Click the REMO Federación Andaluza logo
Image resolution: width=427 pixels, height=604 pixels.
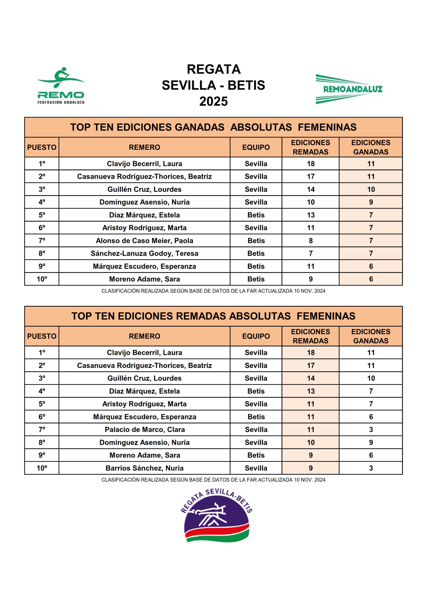coord(61,86)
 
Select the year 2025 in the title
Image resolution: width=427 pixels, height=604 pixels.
coord(213,101)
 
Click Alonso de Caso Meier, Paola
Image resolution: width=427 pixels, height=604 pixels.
coord(144,241)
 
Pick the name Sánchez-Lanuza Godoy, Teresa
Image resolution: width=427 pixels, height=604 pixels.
coord(144,253)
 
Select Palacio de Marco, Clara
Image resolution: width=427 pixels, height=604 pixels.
coord(144,430)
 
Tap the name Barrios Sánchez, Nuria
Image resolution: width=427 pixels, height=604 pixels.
coord(144,468)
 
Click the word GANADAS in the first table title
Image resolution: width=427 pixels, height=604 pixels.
coord(199,127)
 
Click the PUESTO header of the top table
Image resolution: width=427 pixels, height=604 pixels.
coord(42,147)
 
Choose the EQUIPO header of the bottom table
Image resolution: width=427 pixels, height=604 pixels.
coord(256,336)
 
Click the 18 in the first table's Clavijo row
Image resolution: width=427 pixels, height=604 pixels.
coord(311,164)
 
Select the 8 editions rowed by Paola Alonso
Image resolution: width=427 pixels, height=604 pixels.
coord(311,241)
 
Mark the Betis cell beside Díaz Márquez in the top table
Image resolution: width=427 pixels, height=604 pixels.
coord(256,215)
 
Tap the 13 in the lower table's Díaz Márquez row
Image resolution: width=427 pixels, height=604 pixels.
coord(311,391)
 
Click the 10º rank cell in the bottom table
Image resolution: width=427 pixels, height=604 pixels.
coord(42,468)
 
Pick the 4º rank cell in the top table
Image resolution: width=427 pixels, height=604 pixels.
coord(42,202)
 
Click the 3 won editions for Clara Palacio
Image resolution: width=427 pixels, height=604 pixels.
coord(371,430)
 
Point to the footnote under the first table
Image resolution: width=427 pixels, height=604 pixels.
coord(213,291)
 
